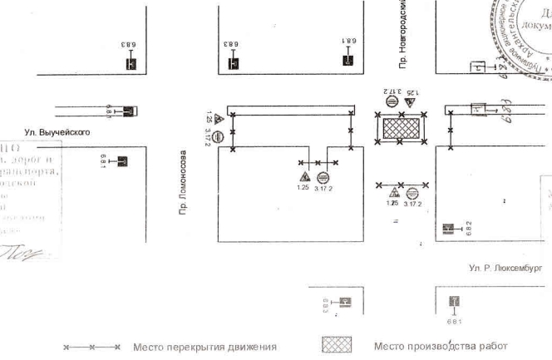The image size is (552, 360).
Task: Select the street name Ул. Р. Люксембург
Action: (505, 268)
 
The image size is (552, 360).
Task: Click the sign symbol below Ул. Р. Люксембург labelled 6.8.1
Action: (454, 302)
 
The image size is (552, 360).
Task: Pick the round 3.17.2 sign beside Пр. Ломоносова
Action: (218, 137)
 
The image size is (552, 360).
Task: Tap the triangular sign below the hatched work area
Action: (393, 193)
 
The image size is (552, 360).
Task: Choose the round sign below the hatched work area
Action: (412, 193)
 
